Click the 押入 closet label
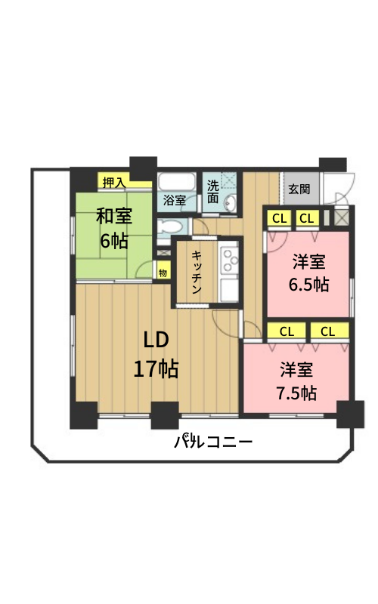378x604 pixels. tap(114, 183)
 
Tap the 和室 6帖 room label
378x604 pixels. tap(114, 229)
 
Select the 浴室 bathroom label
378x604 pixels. tap(175, 200)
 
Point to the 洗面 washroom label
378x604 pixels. tap(213, 192)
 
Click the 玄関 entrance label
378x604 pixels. tap(299, 190)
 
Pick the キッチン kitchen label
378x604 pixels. tap(197, 272)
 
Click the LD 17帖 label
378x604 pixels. tap(156, 354)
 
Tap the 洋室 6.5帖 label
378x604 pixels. tap(308, 273)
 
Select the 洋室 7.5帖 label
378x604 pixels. tap(296, 381)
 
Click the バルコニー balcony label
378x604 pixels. tap(213, 442)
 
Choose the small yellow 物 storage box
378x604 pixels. tap(163, 273)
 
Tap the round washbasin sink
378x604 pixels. tap(231, 203)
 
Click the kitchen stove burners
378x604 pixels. tap(229, 260)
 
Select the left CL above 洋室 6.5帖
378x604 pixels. tap(279, 219)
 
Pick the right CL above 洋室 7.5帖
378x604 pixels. tap(328, 331)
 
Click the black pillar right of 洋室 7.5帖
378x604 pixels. tap(350, 414)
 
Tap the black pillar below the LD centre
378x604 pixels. tap(165, 415)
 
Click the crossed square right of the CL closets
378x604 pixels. tap(341, 217)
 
